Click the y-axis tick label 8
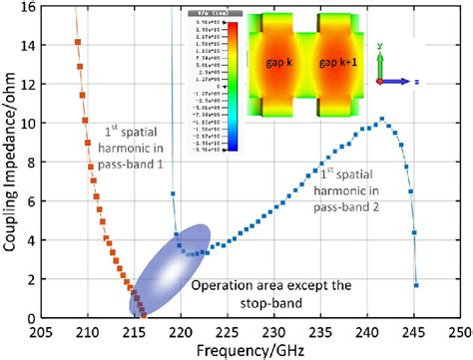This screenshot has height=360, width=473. pos(32,163)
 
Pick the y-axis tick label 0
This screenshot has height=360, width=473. pos(32,318)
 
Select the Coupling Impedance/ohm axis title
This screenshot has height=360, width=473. pos(10,165)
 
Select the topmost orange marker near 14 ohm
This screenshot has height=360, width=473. pos(78,42)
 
